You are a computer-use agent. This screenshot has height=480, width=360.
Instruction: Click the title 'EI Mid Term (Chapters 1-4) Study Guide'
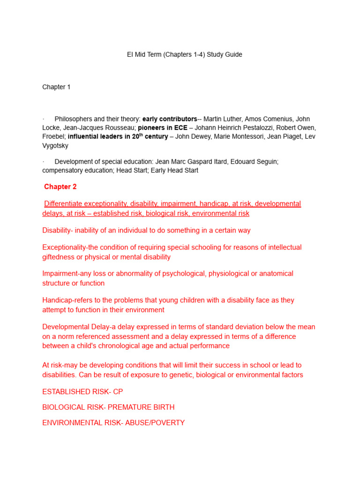(185, 54)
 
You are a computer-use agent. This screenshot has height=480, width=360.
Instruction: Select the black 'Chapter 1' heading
(56, 87)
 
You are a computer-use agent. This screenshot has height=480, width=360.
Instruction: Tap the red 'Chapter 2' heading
(60, 187)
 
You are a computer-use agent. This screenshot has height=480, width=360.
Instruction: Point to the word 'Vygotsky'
(55, 146)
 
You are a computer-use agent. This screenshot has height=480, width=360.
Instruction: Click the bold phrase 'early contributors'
(170, 119)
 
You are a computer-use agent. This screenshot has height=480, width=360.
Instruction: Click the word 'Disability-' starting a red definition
(58, 230)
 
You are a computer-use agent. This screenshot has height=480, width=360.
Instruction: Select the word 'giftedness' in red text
(58, 257)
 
